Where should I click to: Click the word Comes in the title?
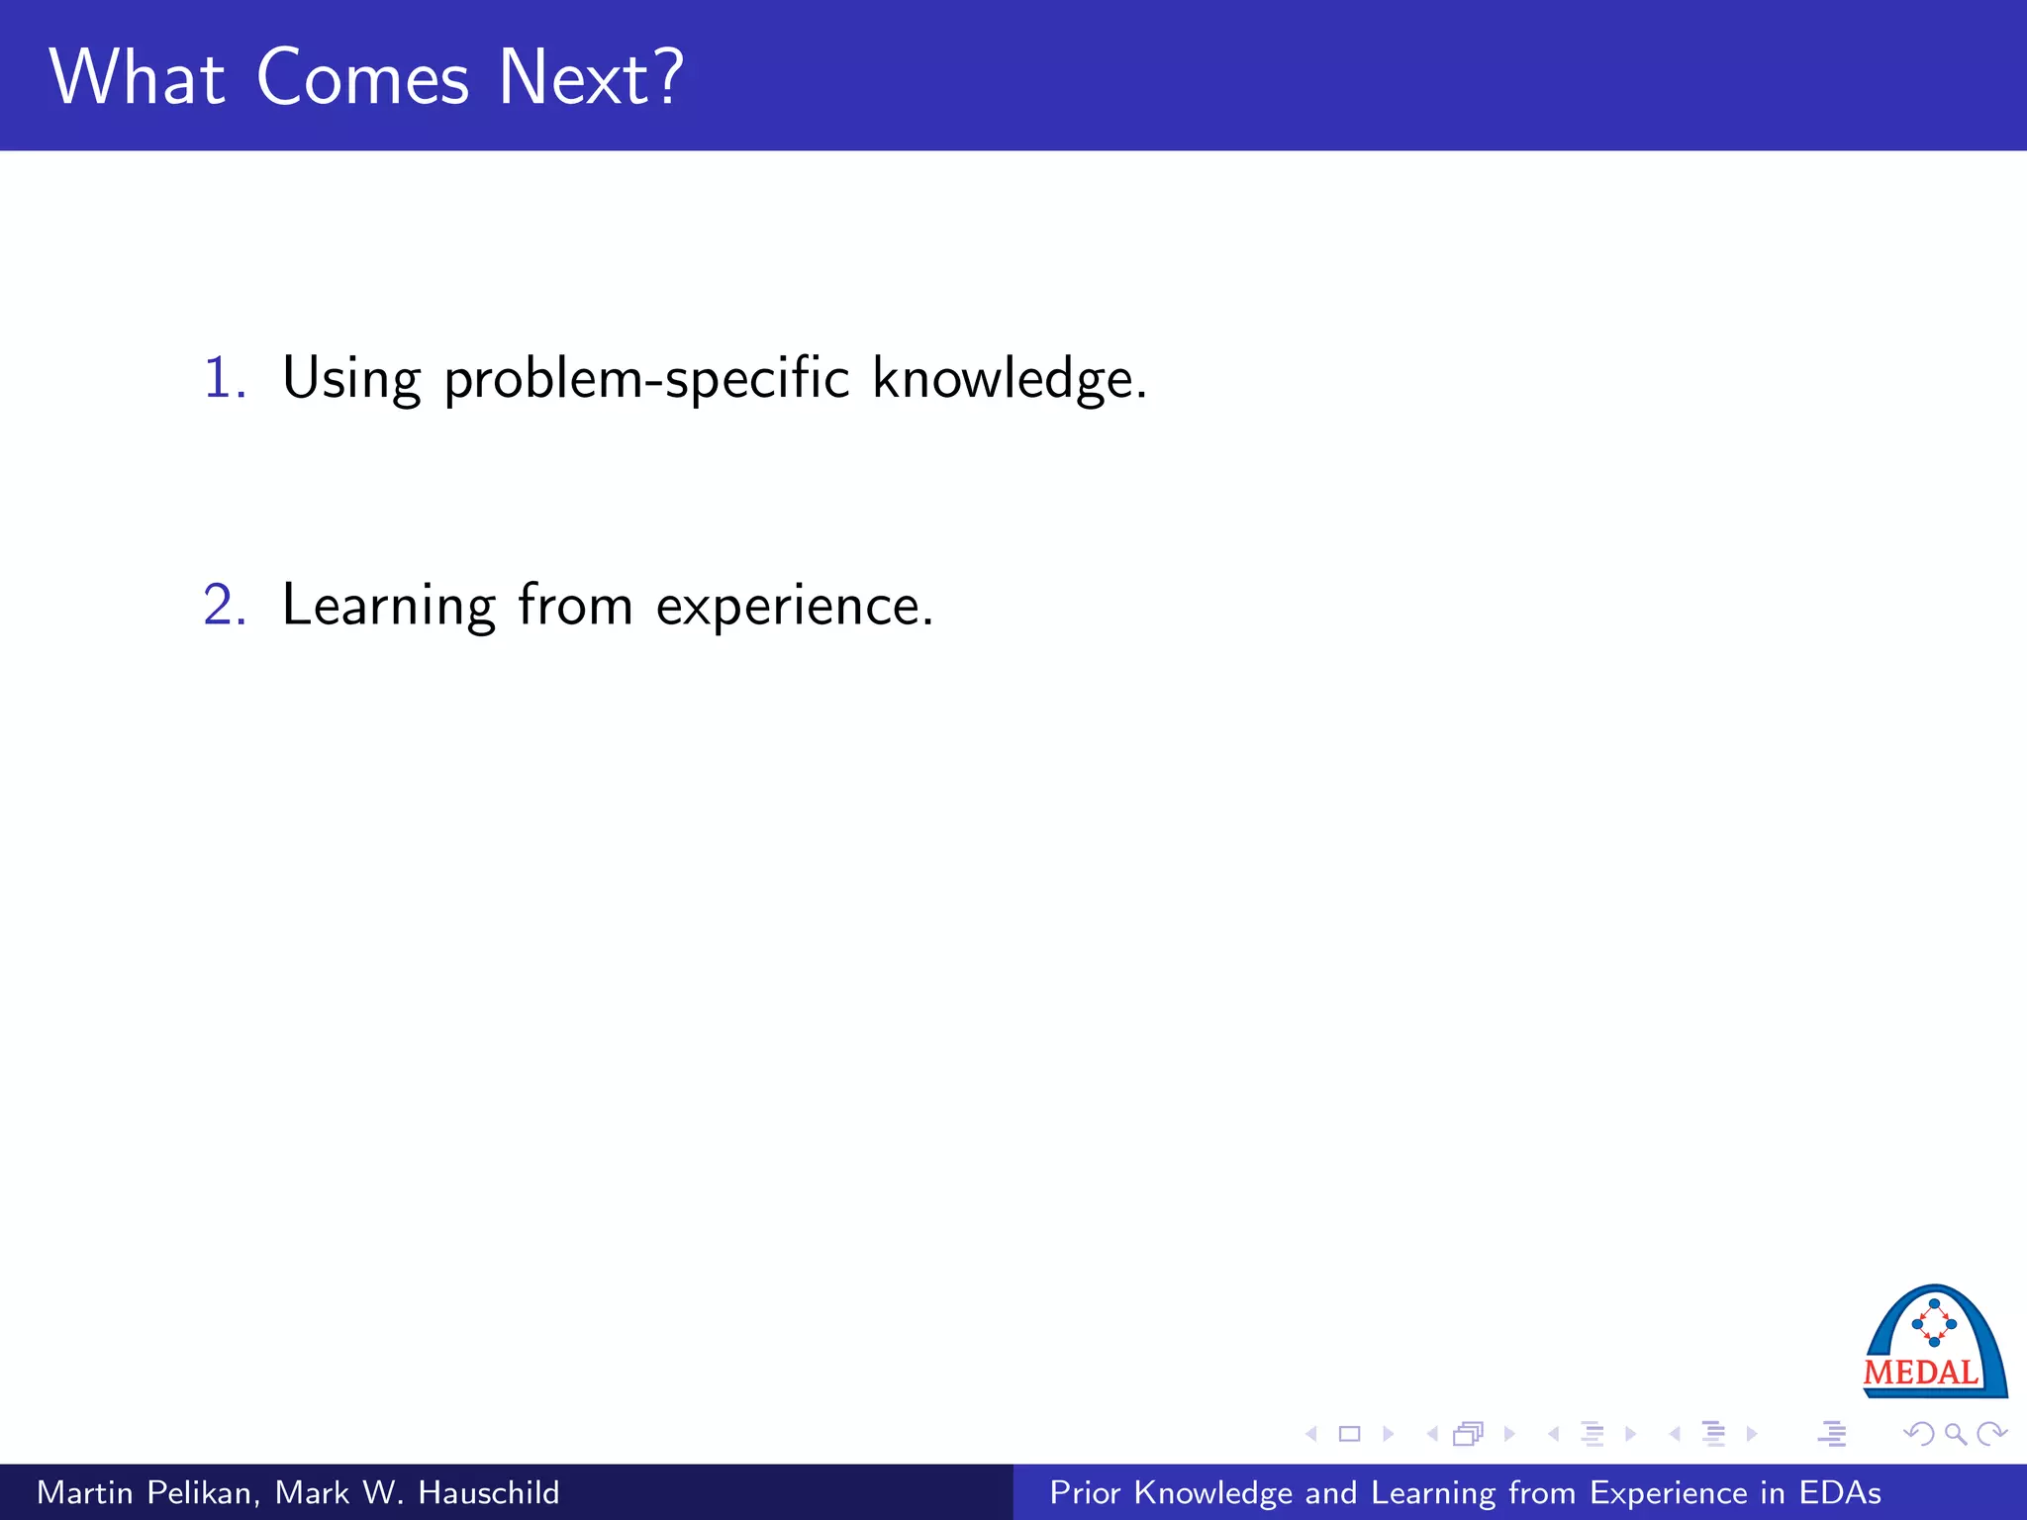click(362, 78)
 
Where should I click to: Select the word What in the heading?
click(137, 78)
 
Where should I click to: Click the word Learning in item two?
click(388, 606)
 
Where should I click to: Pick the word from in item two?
click(575, 605)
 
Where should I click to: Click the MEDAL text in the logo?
click(1920, 1374)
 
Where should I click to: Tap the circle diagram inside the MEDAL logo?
click(1934, 1323)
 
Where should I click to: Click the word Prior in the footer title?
click(1086, 1492)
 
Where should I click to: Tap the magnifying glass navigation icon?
click(1955, 1434)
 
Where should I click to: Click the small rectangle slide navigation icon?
click(1349, 1434)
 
